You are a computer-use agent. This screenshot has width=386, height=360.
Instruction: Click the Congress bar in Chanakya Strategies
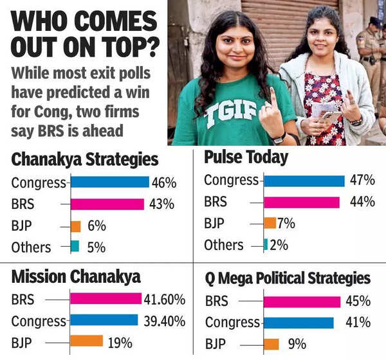[x=109, y=182]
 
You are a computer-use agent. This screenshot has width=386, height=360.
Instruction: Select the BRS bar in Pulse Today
[x=301, y=202]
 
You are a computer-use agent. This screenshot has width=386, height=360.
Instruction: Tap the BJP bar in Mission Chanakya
[x=86, y=341]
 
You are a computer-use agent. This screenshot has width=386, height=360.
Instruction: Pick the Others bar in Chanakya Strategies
[x=75, y=246]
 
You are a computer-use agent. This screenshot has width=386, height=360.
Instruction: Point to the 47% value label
[x=362, y=181]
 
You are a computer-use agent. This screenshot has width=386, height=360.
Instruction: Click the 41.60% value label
[x=165, y=299]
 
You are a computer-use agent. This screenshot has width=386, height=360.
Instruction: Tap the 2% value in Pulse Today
[x=279, y=244]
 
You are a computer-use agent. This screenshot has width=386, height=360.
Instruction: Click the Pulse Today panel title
[x=246, y=157]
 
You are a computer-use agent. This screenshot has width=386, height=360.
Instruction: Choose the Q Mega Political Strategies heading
[x=288, y=278]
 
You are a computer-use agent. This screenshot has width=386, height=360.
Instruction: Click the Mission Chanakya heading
[x=76, y=277]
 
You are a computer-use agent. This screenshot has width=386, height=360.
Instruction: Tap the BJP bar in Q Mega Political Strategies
[x=271, y=344]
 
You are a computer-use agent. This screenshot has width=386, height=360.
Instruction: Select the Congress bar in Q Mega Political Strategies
[x=299, y=323]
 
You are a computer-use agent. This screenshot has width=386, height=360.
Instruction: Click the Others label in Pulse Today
[x=223, y=244]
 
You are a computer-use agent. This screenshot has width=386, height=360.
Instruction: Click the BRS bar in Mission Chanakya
[x=106, y=298]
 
